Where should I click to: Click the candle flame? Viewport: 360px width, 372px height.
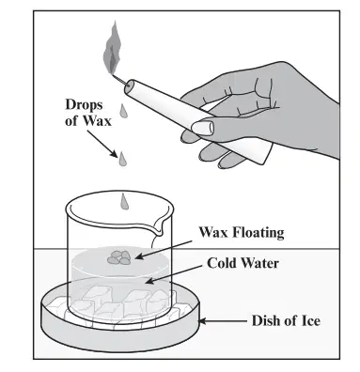click(112, 49)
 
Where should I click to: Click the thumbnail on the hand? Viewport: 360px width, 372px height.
click(202, 128)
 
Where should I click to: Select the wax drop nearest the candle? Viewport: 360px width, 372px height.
click(123, 111)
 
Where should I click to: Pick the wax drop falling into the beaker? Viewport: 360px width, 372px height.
click(124, 201)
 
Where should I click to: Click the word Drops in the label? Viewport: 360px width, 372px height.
click(84, 105)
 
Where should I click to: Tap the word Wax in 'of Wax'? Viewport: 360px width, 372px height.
click(97, 120)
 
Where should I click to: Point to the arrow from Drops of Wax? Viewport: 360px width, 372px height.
click(102, 144)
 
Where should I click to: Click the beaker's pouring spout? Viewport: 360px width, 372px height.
click(158, 226)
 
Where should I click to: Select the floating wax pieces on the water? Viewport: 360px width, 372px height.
click(119, 257)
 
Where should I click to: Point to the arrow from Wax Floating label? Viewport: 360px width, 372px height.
click(164, 250)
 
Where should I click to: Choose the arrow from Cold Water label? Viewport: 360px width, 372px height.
click(173, 274)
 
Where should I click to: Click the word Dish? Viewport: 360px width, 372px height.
click(266, 321)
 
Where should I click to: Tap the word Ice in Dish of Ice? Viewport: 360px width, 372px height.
click(310, 321)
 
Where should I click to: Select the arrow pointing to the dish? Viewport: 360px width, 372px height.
click(223, 321)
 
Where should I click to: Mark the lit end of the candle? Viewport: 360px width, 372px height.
click(129, 87)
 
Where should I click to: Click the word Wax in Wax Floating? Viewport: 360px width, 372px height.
click(213, 233)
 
